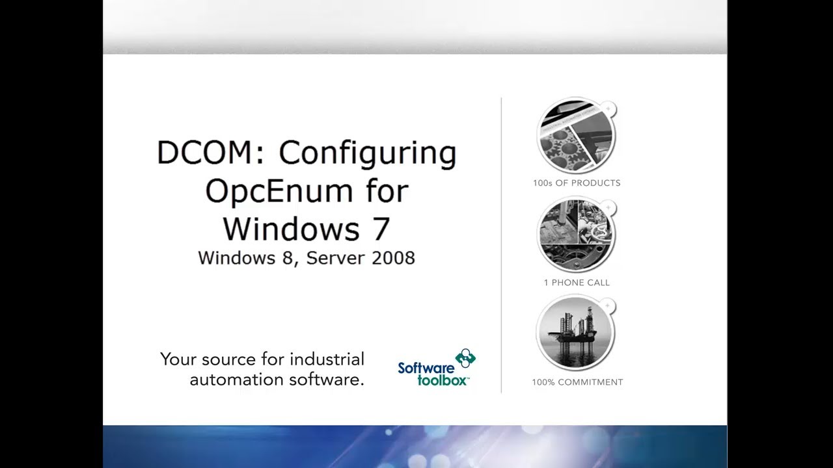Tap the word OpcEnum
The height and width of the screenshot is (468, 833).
pyautogui.click(x=282, y=191)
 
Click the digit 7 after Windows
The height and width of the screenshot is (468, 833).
pyautogui.click(x=382, y=229)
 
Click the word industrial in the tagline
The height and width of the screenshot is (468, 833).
pyautogui.click(x=327, y=359)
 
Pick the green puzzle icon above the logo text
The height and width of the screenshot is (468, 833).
pyautogui.click(x=465, y=357)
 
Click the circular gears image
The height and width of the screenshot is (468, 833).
pyautogui.click(x=576, y=135)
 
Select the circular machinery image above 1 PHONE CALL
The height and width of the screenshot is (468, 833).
pyautogui.click(x=576, y=235)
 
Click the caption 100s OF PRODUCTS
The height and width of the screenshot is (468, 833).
pyautogui.click(x=577, y=183)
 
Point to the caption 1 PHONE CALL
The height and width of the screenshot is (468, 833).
pyautogui.click(x=577, y=283)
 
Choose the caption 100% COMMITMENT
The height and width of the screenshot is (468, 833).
pyautogui.click(x=577, y=382)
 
